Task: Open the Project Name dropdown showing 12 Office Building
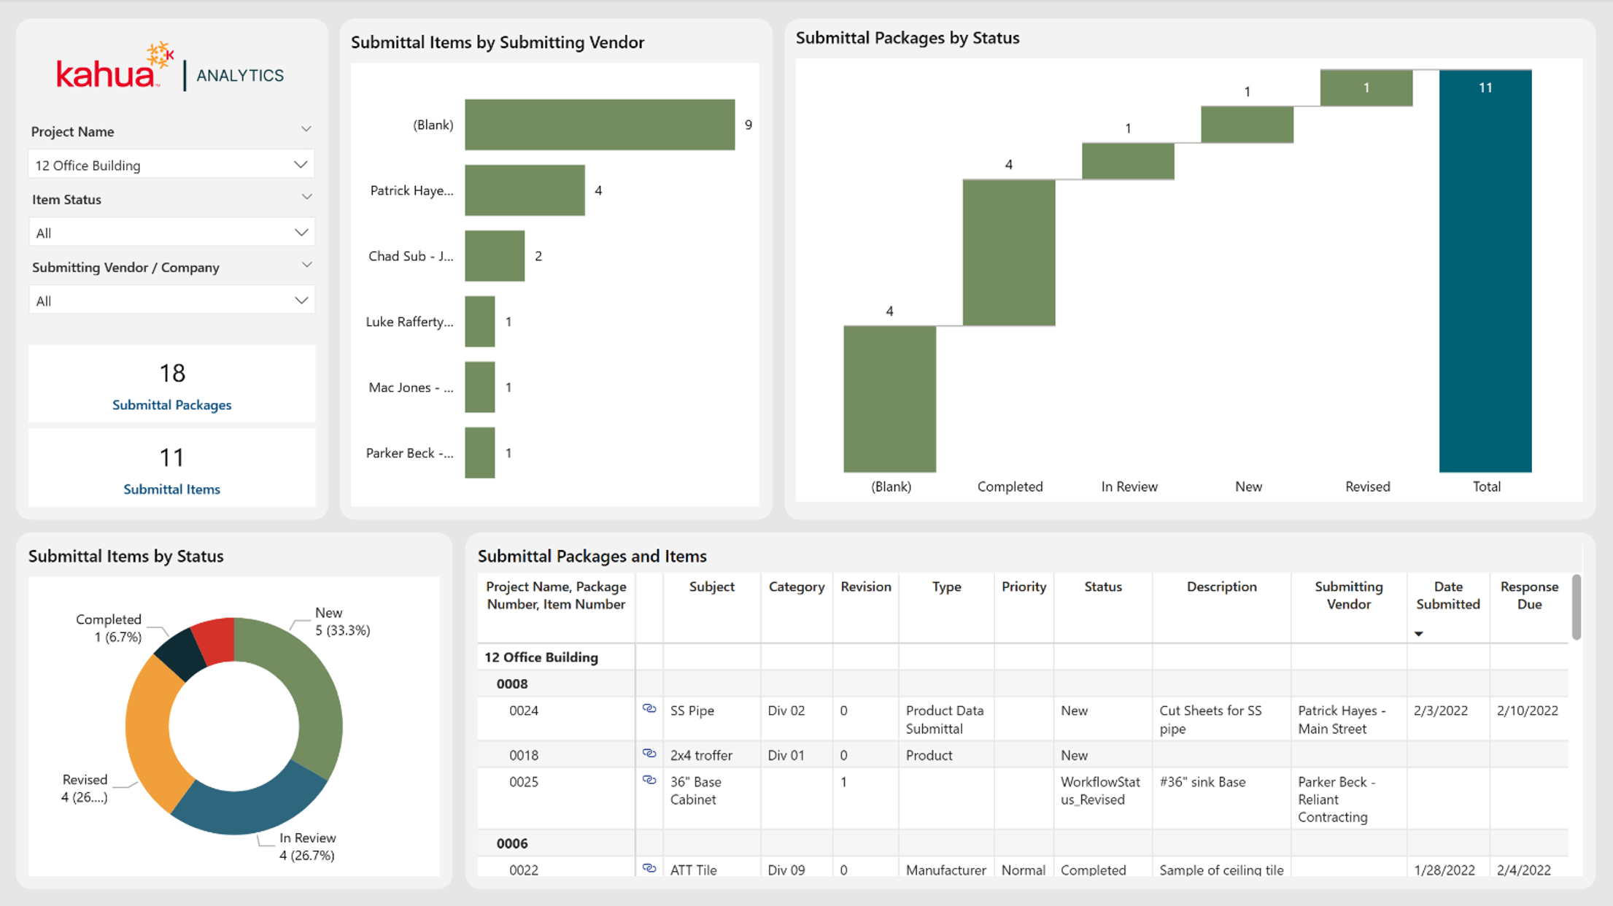171,165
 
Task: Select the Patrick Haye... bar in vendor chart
525,190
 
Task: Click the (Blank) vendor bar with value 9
600,125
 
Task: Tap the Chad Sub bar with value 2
495,256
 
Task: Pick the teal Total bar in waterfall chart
1485,271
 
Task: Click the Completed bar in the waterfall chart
1009,252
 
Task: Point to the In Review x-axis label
1129,487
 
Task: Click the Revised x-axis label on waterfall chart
1368,487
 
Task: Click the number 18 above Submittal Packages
172,373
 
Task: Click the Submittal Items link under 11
171,489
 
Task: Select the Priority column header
1024,586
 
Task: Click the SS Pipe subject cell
692,711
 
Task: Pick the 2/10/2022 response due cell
1528,711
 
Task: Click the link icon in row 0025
649,780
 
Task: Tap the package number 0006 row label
512,843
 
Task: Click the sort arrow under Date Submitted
1419,634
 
